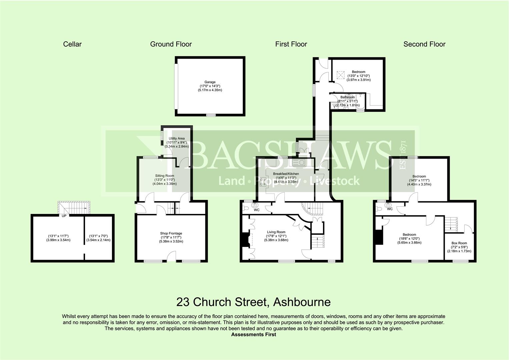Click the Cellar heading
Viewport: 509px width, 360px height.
tap(72, 44)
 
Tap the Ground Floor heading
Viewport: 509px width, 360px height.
tap(171, 44)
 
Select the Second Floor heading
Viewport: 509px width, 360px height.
tap(424, 44)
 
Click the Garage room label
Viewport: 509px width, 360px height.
tap(210, 82)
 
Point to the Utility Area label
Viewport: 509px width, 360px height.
tap(177, 138)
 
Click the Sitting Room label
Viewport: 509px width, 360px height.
tap(165, 176)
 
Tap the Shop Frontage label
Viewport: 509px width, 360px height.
tap(171, 233)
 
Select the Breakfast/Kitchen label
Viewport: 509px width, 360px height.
tap(286, 174)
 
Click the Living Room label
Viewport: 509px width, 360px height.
tap(276, 232)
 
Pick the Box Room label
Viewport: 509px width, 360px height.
tap(459, 243)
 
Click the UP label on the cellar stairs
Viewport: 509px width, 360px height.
tap(64, 216)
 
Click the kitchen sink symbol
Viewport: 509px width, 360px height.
tap(298, 163)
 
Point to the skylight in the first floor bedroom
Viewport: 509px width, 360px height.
tap(340, 75)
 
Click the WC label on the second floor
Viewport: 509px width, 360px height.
tap(390, 209)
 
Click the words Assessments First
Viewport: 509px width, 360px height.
tap(254, 335)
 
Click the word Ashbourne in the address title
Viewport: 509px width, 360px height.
tap(302, 302)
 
